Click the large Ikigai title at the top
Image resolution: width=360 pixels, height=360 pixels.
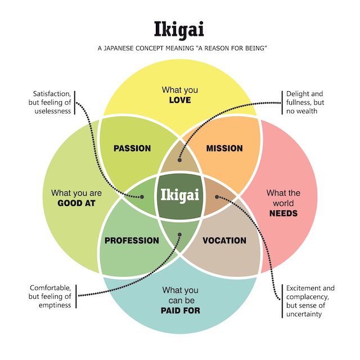pyautogui.click(x=179, y=29)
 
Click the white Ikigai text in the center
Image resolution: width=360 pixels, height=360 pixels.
pyautogui.click(x=180, y=195)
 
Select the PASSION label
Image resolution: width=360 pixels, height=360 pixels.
pyautogui.click(x=132, y=148)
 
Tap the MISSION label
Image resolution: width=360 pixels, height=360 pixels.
pyautogui.click(x=224, y=148)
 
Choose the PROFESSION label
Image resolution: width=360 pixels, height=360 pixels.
pyautogui.click(x=132, y=241)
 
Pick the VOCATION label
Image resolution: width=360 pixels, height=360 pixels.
pyautogui.click(x=224, y=241)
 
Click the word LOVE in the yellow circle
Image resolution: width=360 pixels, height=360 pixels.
pyautogui.click(x=180, y=100)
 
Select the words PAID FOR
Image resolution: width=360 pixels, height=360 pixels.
pyautogui.click(x=180, y=310)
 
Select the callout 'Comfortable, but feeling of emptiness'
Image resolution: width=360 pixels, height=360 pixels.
pyautogui.click(x=51, y=296)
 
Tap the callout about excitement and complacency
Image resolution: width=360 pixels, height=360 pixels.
pyautogui.click(x=310, y=301)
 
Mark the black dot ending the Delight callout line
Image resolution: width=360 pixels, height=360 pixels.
pyautogui.click(x=180, y=160)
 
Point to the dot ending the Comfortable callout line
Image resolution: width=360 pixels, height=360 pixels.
pyautogui.click(x=180, y=235)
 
